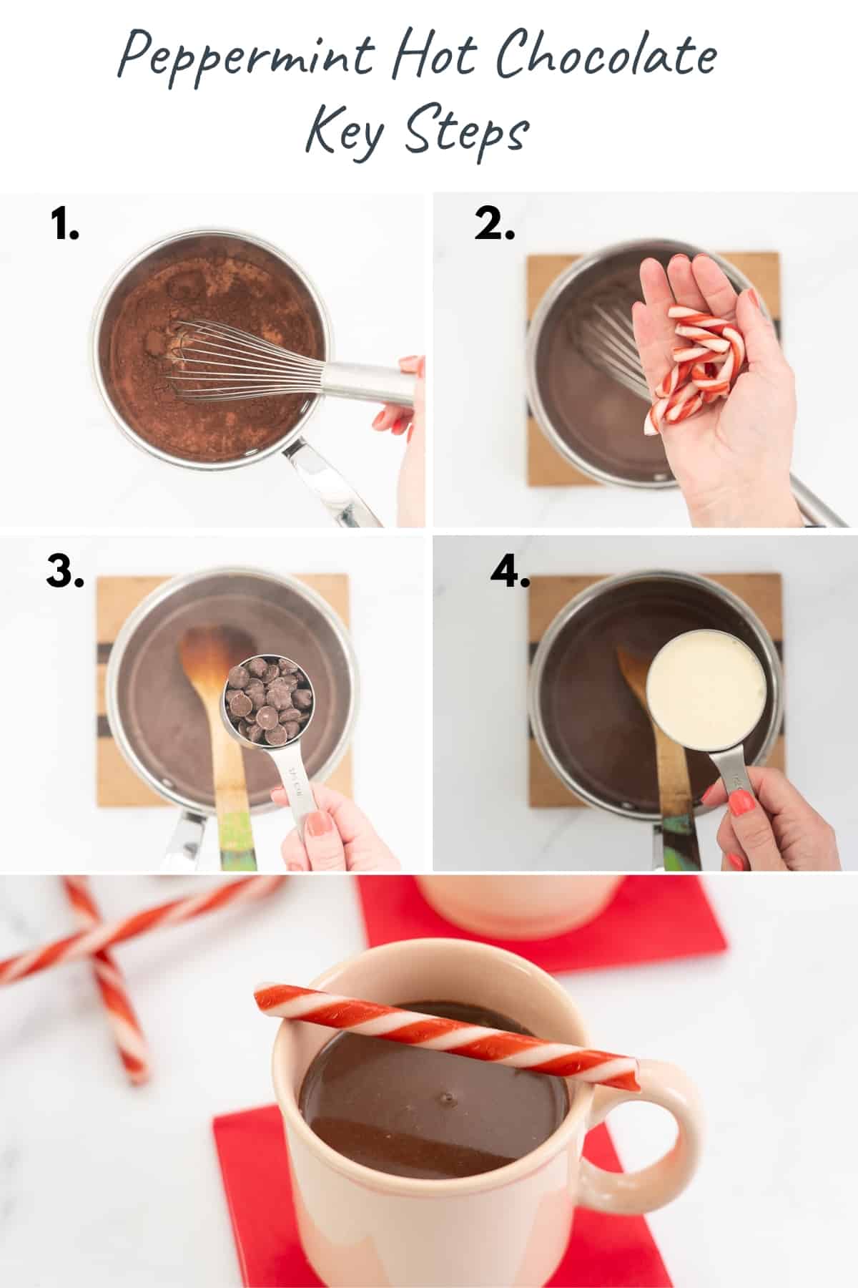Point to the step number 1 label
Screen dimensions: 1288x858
point(65,225)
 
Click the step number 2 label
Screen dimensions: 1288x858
point(494,225)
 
